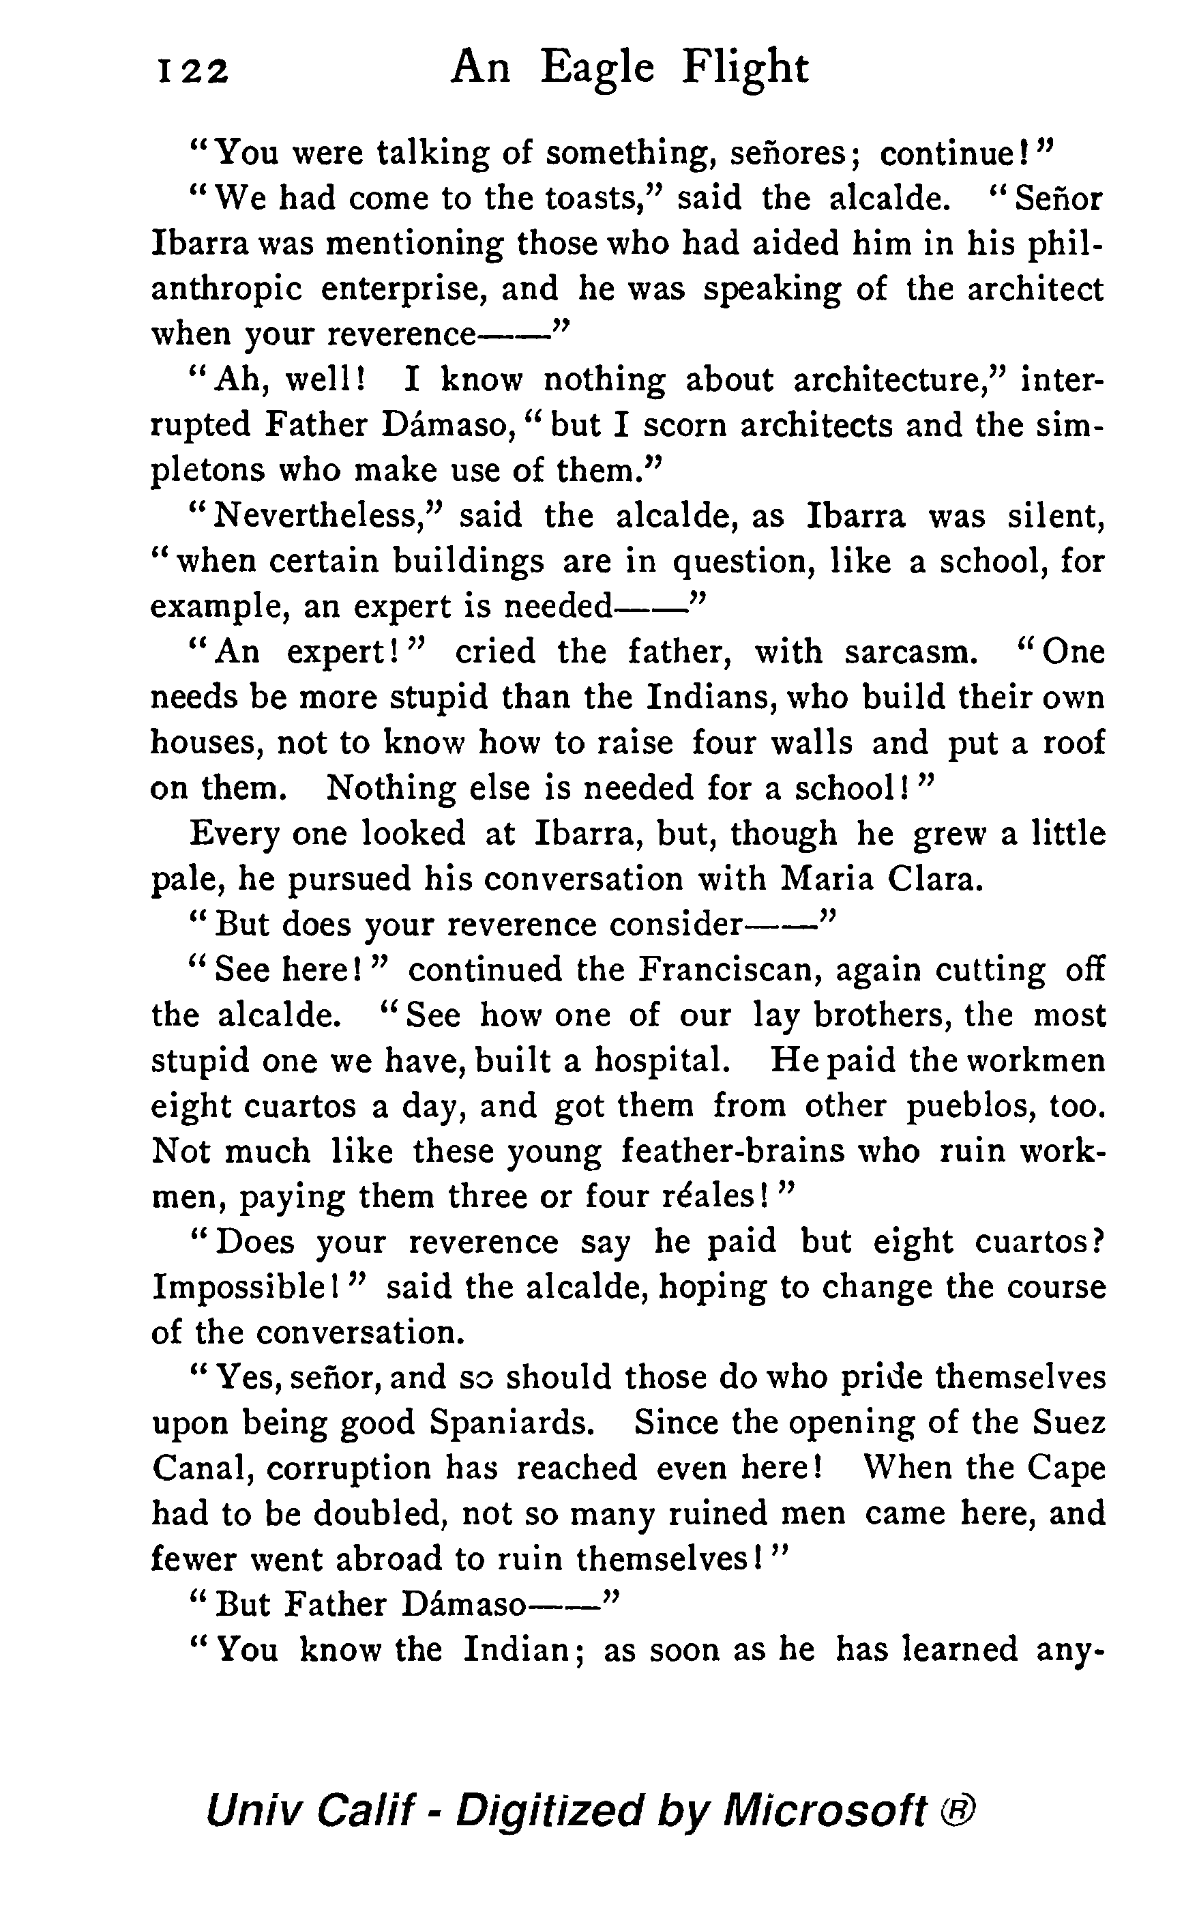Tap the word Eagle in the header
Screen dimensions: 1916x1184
coord(597,69)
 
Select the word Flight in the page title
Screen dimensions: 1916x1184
coord(744,69)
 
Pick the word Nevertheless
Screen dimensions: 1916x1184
coord(321,517)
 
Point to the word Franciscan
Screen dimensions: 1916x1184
coord(728,970)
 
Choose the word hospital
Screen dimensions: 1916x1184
coord(662,1062)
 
